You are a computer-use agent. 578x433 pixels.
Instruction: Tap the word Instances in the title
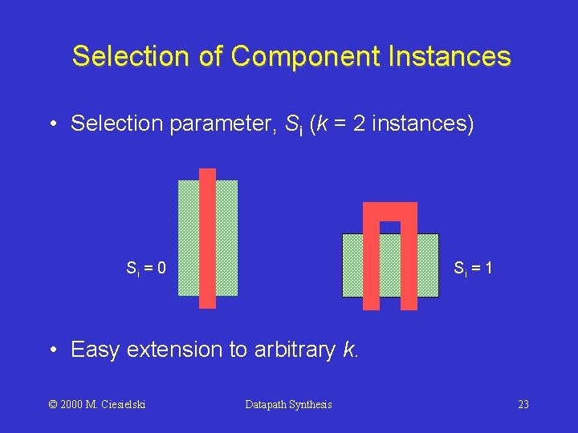[451, 57]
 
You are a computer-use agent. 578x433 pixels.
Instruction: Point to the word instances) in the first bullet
[423, 124]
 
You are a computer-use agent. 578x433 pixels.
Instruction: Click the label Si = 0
[146, 268]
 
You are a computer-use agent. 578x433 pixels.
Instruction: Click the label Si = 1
[473, 268]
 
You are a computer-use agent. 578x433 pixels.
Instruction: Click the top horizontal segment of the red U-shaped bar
[390, 211]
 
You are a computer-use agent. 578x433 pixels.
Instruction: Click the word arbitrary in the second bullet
[292, 350]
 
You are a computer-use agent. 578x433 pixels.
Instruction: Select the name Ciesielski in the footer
[124, 404]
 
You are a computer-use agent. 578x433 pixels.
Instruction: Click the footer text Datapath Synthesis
[288, 404]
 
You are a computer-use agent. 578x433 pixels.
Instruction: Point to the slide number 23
[523, 404]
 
